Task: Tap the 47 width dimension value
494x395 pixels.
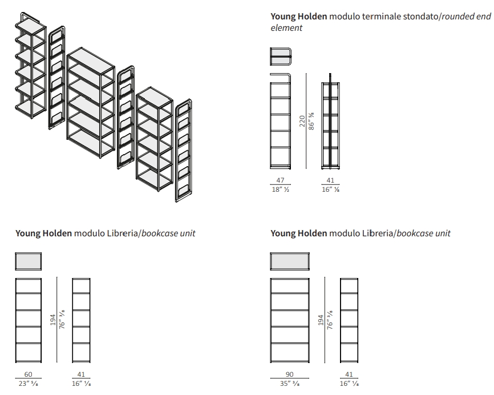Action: click(280, 180)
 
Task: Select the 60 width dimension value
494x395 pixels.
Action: click(28, 374)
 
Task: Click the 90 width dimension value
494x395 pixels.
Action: click(289, 374)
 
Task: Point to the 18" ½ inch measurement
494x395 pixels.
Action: click(280, 190)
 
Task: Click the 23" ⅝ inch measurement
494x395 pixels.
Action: click(28, 384)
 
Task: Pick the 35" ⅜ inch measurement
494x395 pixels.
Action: click(289, 384)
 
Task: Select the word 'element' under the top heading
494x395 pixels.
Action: click(286, 27)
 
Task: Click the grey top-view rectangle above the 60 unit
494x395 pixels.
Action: click(29, 262)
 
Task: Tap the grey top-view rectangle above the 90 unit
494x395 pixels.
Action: click(289, 261)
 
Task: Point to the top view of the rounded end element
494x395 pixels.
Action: click(280, 58)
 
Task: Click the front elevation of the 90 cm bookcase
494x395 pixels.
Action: click(289, 320)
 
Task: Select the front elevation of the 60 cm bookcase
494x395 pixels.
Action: click(29, 320)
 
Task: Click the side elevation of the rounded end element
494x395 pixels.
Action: click(330, 123)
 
